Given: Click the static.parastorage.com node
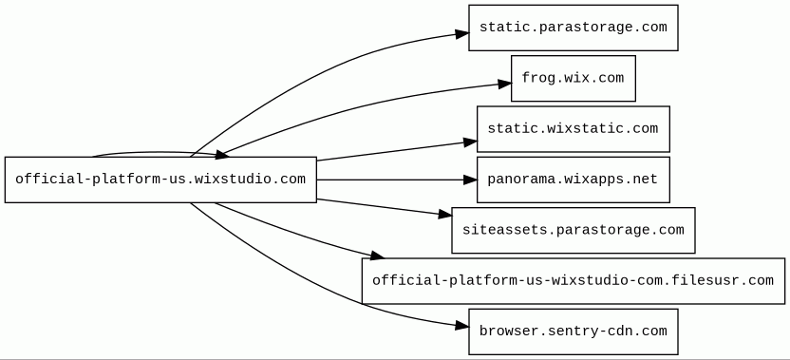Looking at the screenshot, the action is [573, 28].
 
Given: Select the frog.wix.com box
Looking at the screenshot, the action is [573, 78].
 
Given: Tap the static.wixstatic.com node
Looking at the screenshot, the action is [573, 128].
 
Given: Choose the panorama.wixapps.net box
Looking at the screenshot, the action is [573, 180].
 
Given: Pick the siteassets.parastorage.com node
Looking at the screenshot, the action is [573, 230].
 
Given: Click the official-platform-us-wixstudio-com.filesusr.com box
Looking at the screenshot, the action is [573, 281].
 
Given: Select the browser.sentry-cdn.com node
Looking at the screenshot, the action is [573, 332].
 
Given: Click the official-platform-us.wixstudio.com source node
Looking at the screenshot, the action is [160, 180].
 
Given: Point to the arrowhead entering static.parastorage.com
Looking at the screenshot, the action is [462, 34].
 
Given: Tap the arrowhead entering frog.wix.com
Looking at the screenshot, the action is [505, 84].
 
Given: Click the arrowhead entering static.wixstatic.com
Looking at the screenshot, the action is [471, 142].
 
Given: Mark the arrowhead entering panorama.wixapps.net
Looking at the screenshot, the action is [470, 180].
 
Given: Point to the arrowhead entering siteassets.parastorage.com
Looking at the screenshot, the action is [445, 215].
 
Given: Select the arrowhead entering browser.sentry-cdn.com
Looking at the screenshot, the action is [462, 326].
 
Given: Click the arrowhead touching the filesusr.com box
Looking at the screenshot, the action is [377, 256].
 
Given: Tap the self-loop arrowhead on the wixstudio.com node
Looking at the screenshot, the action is [223, 155].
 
